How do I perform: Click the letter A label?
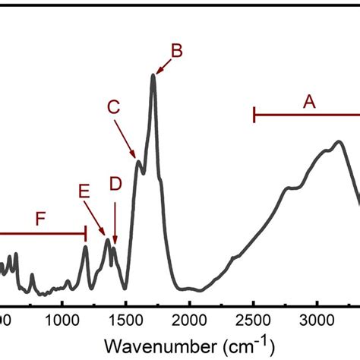[x=309, y=100]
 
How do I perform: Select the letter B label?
[x=175, y=51]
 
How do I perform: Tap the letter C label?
[x=113, y=108]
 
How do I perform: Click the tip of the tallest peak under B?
[x=153, y=74]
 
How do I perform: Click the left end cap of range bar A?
[x=254, y=115]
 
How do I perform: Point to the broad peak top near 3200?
[x=339, y=141]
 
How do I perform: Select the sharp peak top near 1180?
[x=85, y=247]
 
